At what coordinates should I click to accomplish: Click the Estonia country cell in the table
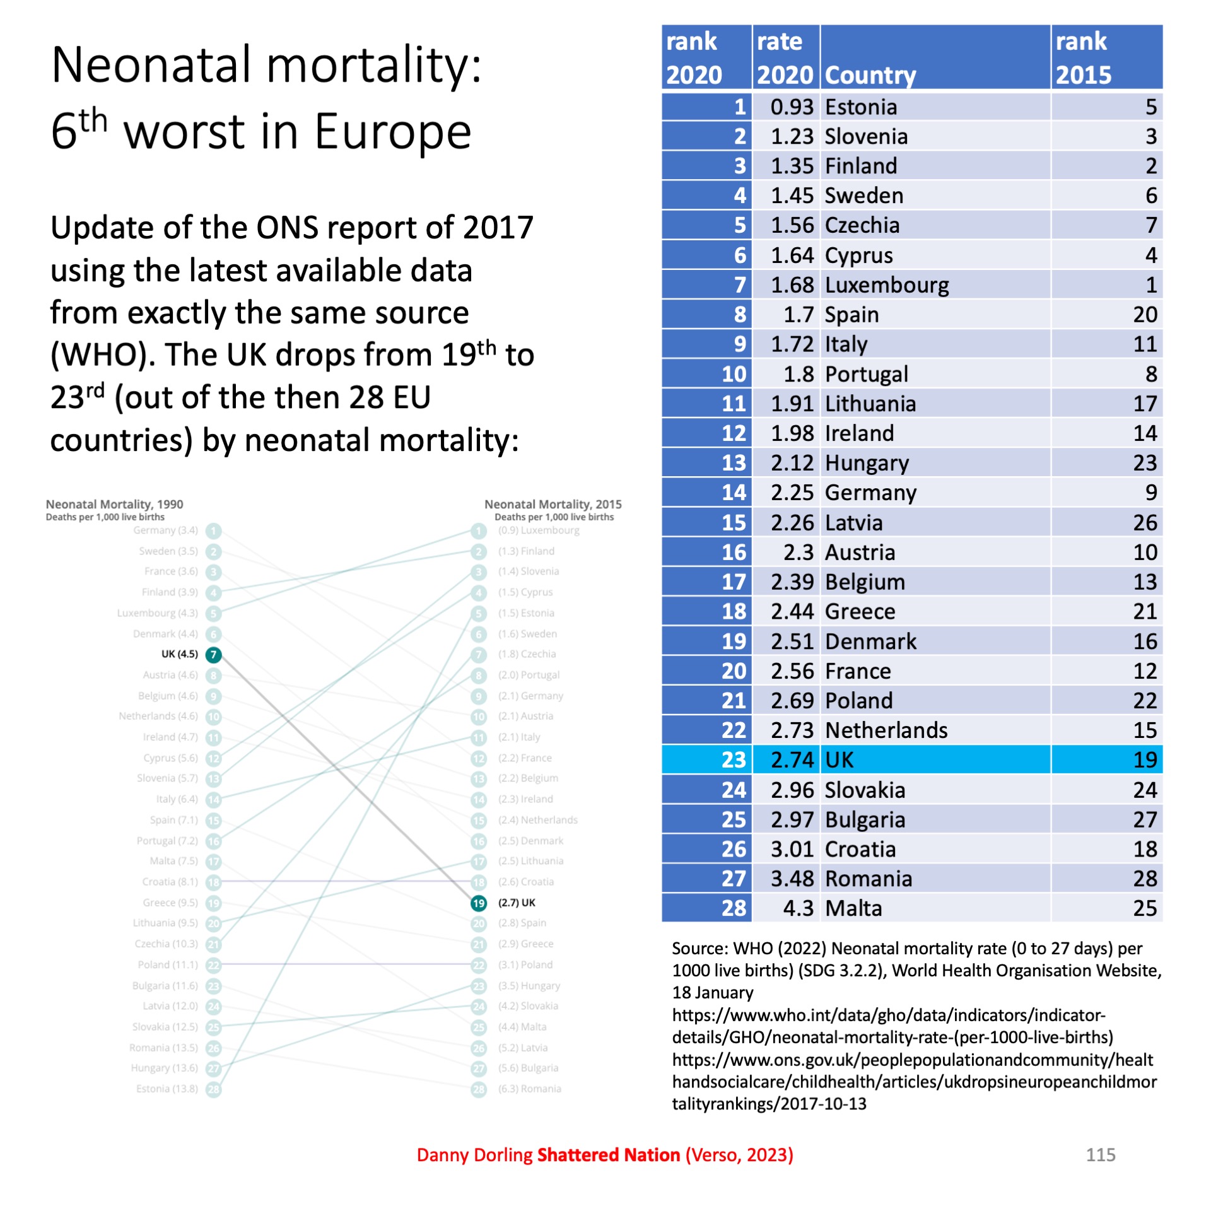click(860, 107)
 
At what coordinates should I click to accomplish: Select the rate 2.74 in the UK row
click(792, 759)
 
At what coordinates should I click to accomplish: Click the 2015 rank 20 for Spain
click(1144, 315)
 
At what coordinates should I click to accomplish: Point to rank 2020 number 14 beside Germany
click(734, 493)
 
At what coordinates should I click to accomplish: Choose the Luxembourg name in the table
click(886, 285)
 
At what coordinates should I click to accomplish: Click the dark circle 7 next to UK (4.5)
click(214, 655)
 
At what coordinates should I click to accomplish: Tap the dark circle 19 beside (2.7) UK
click(479, 903)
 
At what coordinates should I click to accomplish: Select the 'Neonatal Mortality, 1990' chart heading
click(114, 504)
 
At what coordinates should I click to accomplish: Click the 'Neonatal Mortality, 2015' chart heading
click(553, 504)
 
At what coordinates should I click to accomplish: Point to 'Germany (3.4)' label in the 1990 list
click(165, 530)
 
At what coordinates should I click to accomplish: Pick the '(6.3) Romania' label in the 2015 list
click(529, 1089)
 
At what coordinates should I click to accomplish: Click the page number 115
click(1100, 1155)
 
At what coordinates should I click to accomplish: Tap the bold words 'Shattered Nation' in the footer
click(608, 1155)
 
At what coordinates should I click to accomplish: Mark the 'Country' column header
click(870, 75)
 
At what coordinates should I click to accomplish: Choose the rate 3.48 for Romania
click(792, 879)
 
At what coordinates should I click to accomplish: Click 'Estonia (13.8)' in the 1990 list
click(167, 1089)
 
